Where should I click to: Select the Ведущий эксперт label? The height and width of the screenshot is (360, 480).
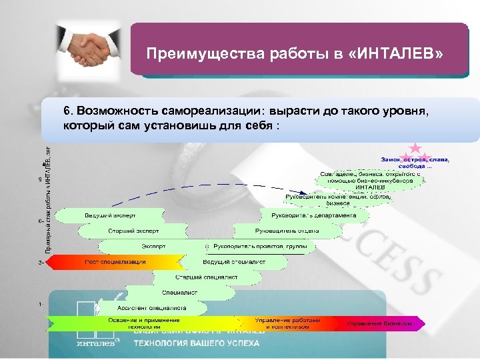tap(110, 216)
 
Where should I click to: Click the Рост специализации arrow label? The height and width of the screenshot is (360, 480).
tap(115, 262)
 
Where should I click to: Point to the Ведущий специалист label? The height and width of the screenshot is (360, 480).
tap(234, 262)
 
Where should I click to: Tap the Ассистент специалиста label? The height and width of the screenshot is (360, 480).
tap(151, 308)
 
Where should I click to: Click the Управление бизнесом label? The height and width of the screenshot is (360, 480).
tap(379, 323)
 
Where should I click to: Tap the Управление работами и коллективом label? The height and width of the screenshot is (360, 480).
tap(287, 323)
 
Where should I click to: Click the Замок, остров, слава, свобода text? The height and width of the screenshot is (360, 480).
tap(415, 163)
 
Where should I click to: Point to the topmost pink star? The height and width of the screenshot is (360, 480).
tap(415, 147)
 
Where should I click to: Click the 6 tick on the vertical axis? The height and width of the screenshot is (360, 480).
tap(41, 220)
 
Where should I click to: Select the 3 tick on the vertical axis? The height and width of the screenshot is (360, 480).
tap(41, 263)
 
